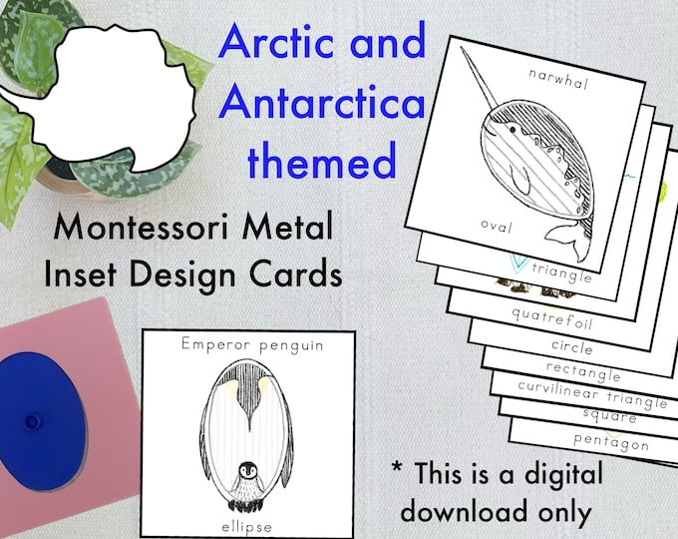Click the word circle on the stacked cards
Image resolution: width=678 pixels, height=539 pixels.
(x=571, y=348)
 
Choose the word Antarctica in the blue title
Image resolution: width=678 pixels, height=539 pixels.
(x=323, y=103)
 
